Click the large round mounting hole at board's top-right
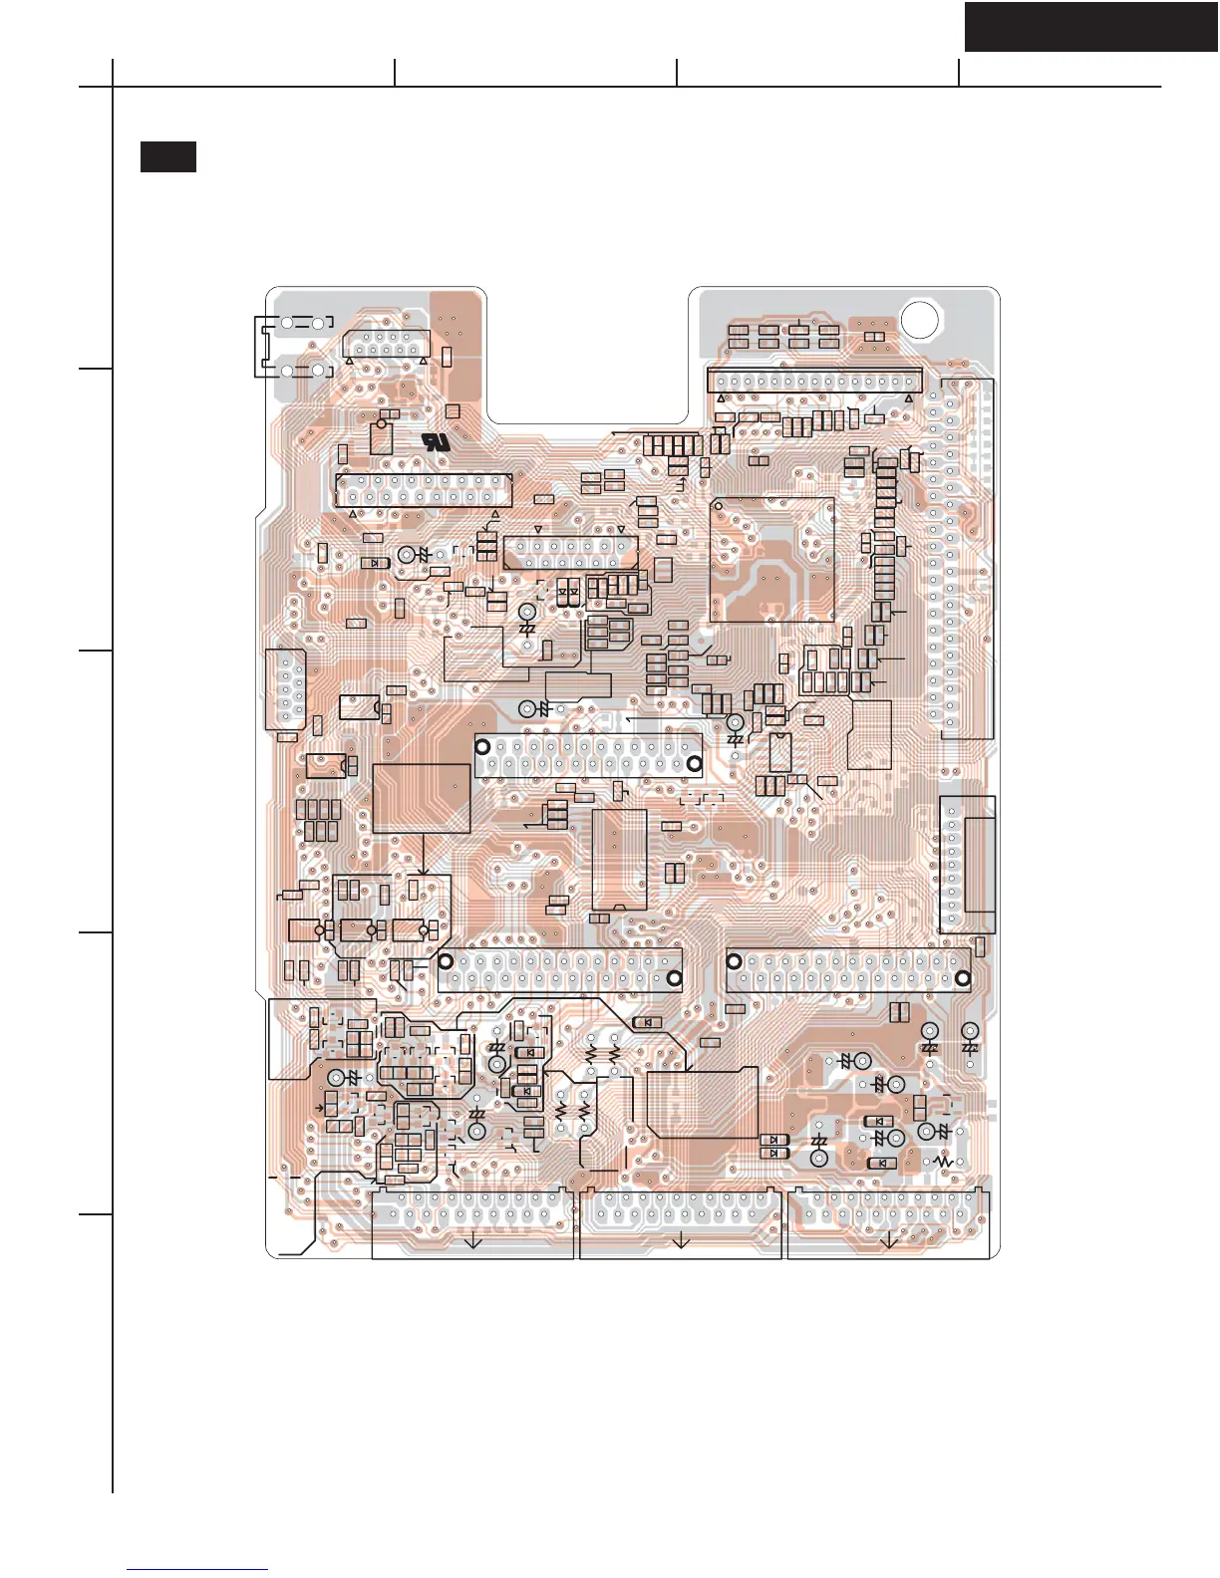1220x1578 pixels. (919, 318)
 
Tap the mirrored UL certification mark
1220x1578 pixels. (436, 441)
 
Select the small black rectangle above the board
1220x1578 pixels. (167, 156)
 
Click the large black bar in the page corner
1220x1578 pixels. (1090, 26)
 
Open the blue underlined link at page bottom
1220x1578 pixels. (198, 1569)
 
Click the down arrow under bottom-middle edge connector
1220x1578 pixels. (681, 1240)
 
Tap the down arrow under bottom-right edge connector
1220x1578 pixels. (889, 1240)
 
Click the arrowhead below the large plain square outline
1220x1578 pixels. (427, 869)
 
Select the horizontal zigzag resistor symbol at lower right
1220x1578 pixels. (941, 1162)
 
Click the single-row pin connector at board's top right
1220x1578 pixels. (814, 382)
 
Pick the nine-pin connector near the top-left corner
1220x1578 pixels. (385, 344)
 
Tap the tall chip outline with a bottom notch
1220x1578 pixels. (619, 859)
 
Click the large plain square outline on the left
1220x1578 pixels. (421, 798)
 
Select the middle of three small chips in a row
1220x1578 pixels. (356, 930)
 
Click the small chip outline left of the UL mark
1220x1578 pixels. (381, 437)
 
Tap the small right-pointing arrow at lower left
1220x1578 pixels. (319, 1108)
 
